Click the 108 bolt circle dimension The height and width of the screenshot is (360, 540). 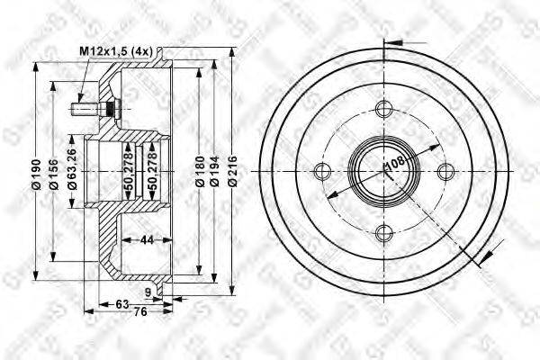coord(393,166)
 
